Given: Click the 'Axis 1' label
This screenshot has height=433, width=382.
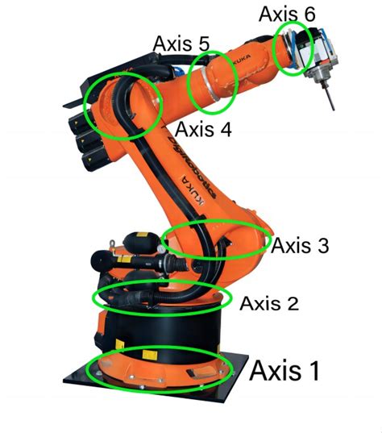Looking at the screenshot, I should click(x=284, y=372).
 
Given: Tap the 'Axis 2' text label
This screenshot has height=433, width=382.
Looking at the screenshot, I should click(x=269, y=303).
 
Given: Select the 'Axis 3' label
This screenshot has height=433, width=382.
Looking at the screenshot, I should click(x=300, y=246).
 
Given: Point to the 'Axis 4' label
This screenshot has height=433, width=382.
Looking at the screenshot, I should click(x=203, y=128).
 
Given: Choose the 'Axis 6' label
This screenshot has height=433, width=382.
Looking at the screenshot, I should click(x=288, y=14).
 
